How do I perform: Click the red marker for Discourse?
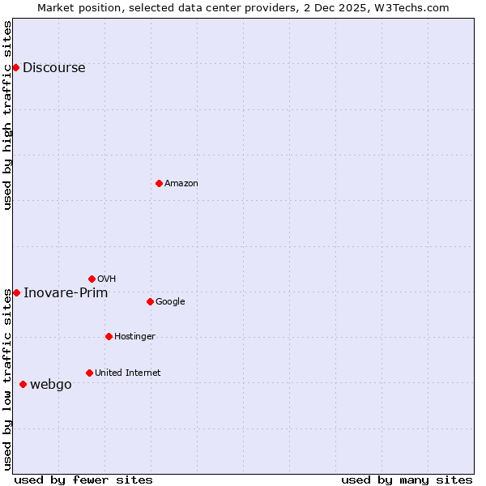click(16, 67)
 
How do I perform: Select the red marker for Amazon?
click(159, 183)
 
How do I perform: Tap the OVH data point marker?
click(92, 279)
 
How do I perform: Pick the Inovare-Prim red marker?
click(16, 292)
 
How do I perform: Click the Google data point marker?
click(150, 301)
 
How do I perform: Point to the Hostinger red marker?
click(109, 336)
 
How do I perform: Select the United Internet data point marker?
click(89, 373)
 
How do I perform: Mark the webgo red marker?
click(23, 384)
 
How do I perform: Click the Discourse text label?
click(53, 68)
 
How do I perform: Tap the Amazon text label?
click(181, 184)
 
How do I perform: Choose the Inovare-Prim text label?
click(66, 293)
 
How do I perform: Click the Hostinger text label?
click(134, 337)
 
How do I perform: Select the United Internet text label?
click(128, 373)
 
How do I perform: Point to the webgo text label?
click(50, 385)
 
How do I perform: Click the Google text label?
click(170, 302)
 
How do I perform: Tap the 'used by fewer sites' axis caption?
click(83, 480)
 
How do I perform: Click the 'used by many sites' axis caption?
click(407, 480)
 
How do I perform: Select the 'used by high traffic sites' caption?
click(7, 115)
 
